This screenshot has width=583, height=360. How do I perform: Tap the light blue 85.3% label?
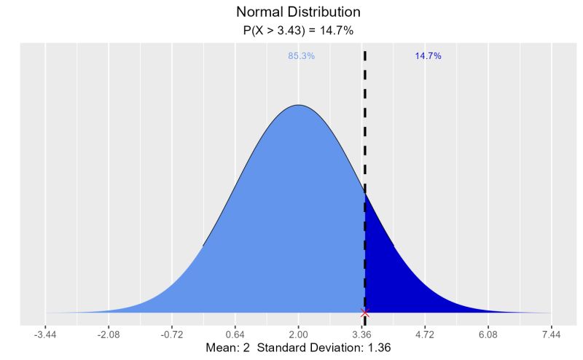pos(302,56)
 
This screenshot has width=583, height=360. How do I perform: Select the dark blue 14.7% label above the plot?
pos(428,56)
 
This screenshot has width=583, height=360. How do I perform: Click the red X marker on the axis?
pos(365,313)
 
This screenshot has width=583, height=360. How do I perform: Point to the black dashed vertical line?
pos(364,146)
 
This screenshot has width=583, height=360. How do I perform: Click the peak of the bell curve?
pos(299,106)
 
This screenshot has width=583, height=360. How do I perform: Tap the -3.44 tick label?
pos(45,334)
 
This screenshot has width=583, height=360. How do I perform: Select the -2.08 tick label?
pos(109,334)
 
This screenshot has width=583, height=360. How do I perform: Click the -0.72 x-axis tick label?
pos(172,334)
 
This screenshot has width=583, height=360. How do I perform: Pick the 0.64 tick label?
pos(235,334)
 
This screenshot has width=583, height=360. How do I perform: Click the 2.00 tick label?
pos(299,334)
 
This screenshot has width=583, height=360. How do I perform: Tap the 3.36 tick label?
pos(362,334)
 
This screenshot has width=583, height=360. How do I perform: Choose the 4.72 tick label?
pos(425,334)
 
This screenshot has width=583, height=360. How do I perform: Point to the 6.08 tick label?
pos(488,334)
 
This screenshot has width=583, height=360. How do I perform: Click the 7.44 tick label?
pos(552,334)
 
